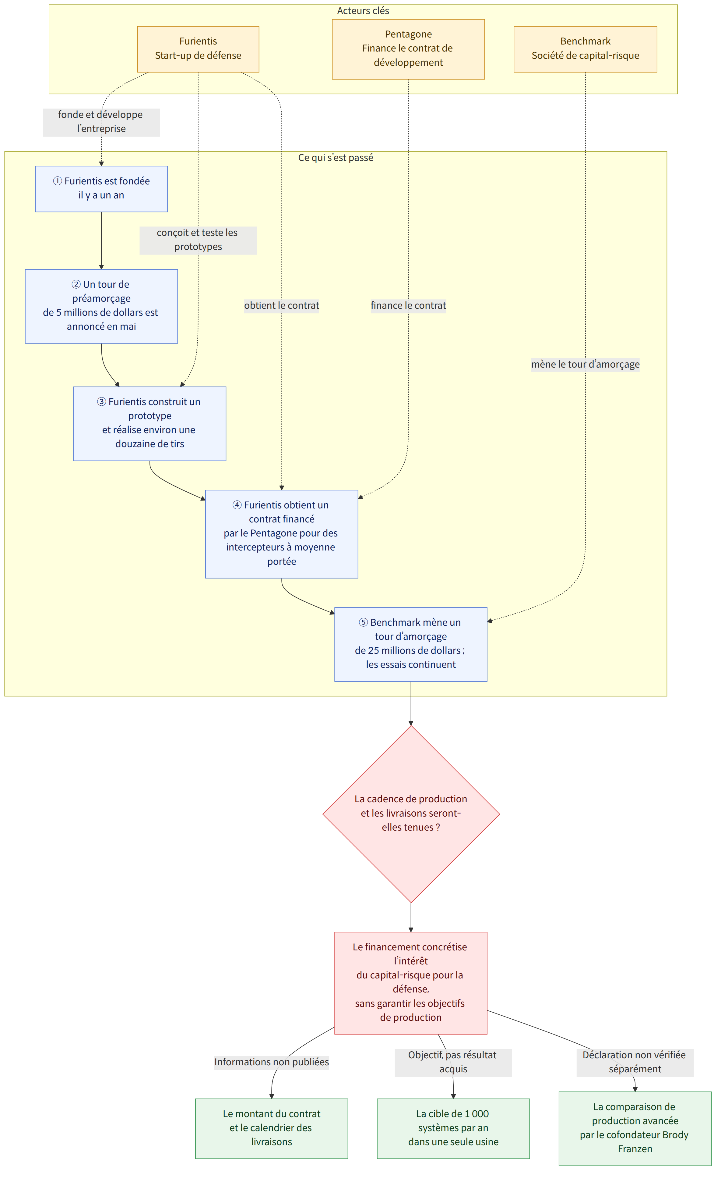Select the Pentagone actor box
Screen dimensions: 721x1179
[408, 49]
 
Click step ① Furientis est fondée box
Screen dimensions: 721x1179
[101, 189]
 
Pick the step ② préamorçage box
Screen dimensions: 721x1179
[101, 306]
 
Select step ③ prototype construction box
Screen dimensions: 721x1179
[150, 423]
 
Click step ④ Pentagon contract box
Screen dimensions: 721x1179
[282, 534]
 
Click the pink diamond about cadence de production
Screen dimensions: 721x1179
[411, 814]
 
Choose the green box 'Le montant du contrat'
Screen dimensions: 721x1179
[272, 1128]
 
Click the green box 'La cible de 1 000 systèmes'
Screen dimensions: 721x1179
[453, 1128]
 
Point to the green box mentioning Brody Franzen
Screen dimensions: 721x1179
[635, 1128]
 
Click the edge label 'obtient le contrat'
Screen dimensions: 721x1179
[282, 305]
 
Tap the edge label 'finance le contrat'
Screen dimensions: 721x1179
[408, 305]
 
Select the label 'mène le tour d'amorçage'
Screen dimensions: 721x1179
[585, 364]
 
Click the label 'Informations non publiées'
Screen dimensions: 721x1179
[272, 1062]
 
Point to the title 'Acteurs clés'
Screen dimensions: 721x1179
[363, 11]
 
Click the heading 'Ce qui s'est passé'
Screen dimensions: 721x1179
[336, 157]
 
